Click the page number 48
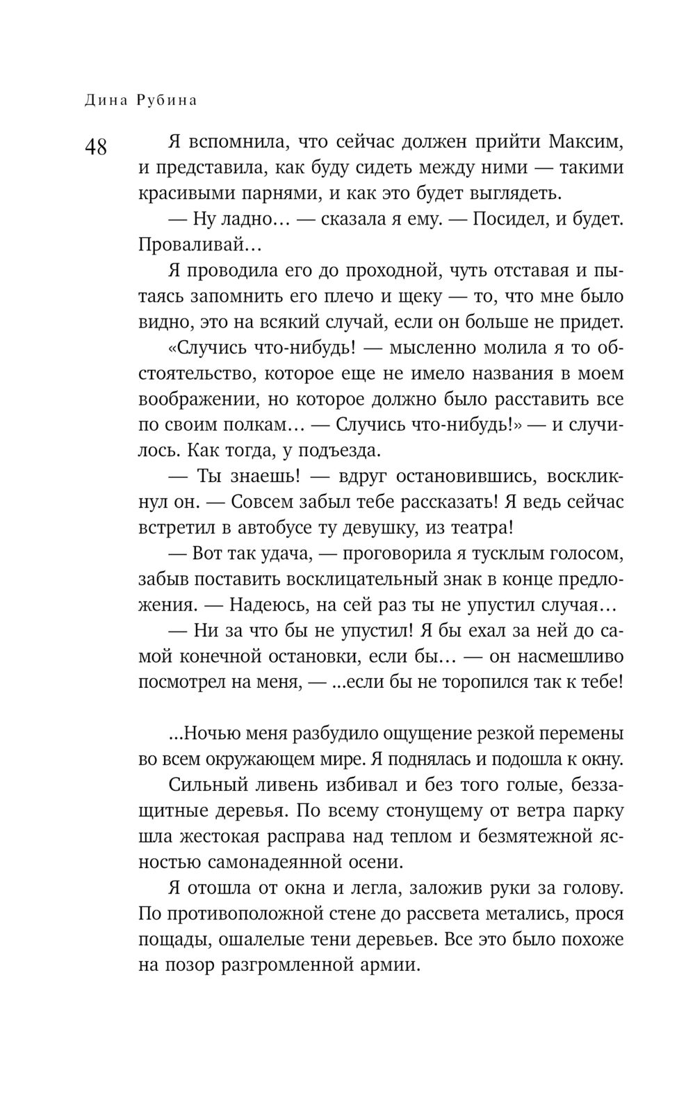pyautogui.click(x=96, y=147)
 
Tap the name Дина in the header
pyautogui.click(x=106, y=100)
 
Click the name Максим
pyautogui.click(x=585, y=143)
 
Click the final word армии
pyautogui.click(x=391, y=965)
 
